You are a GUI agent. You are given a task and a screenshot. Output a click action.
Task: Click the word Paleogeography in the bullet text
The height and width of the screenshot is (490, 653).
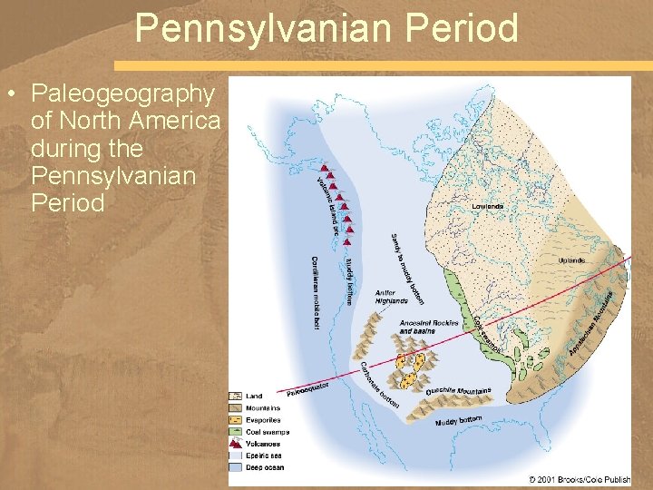click(122, 93)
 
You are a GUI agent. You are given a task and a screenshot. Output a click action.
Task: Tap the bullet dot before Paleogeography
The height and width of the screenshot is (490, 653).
click(10, 94)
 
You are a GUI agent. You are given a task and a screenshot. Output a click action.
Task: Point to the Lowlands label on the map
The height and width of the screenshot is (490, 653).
click(488, 207)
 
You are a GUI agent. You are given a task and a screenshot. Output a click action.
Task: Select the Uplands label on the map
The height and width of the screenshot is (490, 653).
click(571, 260)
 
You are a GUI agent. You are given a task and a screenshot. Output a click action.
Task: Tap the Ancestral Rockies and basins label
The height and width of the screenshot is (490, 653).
click(428, 327)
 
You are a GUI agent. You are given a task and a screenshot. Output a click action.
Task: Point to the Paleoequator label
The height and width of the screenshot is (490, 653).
click(307, 388)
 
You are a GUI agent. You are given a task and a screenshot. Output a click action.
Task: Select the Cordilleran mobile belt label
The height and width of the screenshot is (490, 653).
click(317, 290)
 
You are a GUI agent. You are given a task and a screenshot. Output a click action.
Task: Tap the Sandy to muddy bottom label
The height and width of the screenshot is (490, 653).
click(407, 268)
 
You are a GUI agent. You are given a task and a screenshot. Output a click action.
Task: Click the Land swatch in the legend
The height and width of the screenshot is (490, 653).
click(236, 397)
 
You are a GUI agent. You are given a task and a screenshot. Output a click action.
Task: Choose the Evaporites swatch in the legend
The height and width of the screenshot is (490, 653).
click(236, 420)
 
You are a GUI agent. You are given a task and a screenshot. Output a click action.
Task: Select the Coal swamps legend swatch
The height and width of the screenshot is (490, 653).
click(236, 432)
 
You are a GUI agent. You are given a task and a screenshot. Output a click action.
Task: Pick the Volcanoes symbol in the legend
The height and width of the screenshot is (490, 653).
click(236, 444)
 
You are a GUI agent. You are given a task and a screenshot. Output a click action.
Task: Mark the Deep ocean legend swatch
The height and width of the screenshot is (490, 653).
click(236, 468)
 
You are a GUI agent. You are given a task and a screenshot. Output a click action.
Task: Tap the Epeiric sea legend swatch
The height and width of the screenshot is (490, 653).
click(236, 456)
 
